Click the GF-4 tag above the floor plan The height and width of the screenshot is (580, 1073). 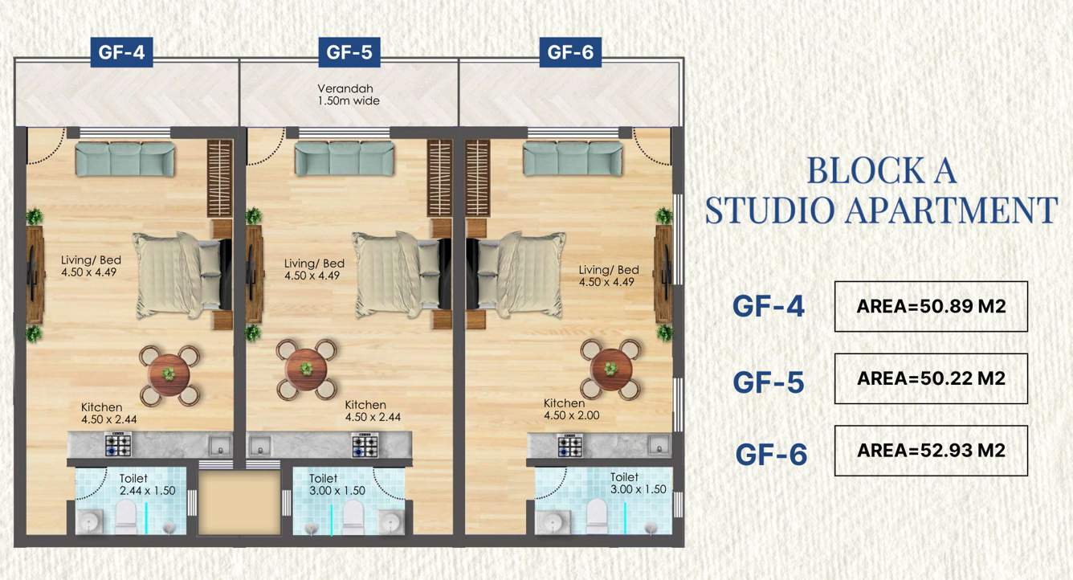(121, 53)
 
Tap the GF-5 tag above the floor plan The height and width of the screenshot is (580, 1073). (349, 53)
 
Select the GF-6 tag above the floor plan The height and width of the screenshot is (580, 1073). (570, 53)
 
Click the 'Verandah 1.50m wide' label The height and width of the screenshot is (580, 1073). (349, 95)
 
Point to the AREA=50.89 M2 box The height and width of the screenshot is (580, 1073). (931, 306)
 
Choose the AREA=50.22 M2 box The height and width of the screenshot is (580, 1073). (931, 378)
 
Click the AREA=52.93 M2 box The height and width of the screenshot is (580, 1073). (931, 450)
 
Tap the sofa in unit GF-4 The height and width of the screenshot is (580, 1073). (125, 158)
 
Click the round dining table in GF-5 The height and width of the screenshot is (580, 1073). (306, 369)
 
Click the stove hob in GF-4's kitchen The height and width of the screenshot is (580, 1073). (118, 444)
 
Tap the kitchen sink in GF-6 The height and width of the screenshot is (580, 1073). (659, 445)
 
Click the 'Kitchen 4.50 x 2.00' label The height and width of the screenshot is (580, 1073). (571, 410)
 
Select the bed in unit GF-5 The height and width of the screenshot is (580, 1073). (398, 273)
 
